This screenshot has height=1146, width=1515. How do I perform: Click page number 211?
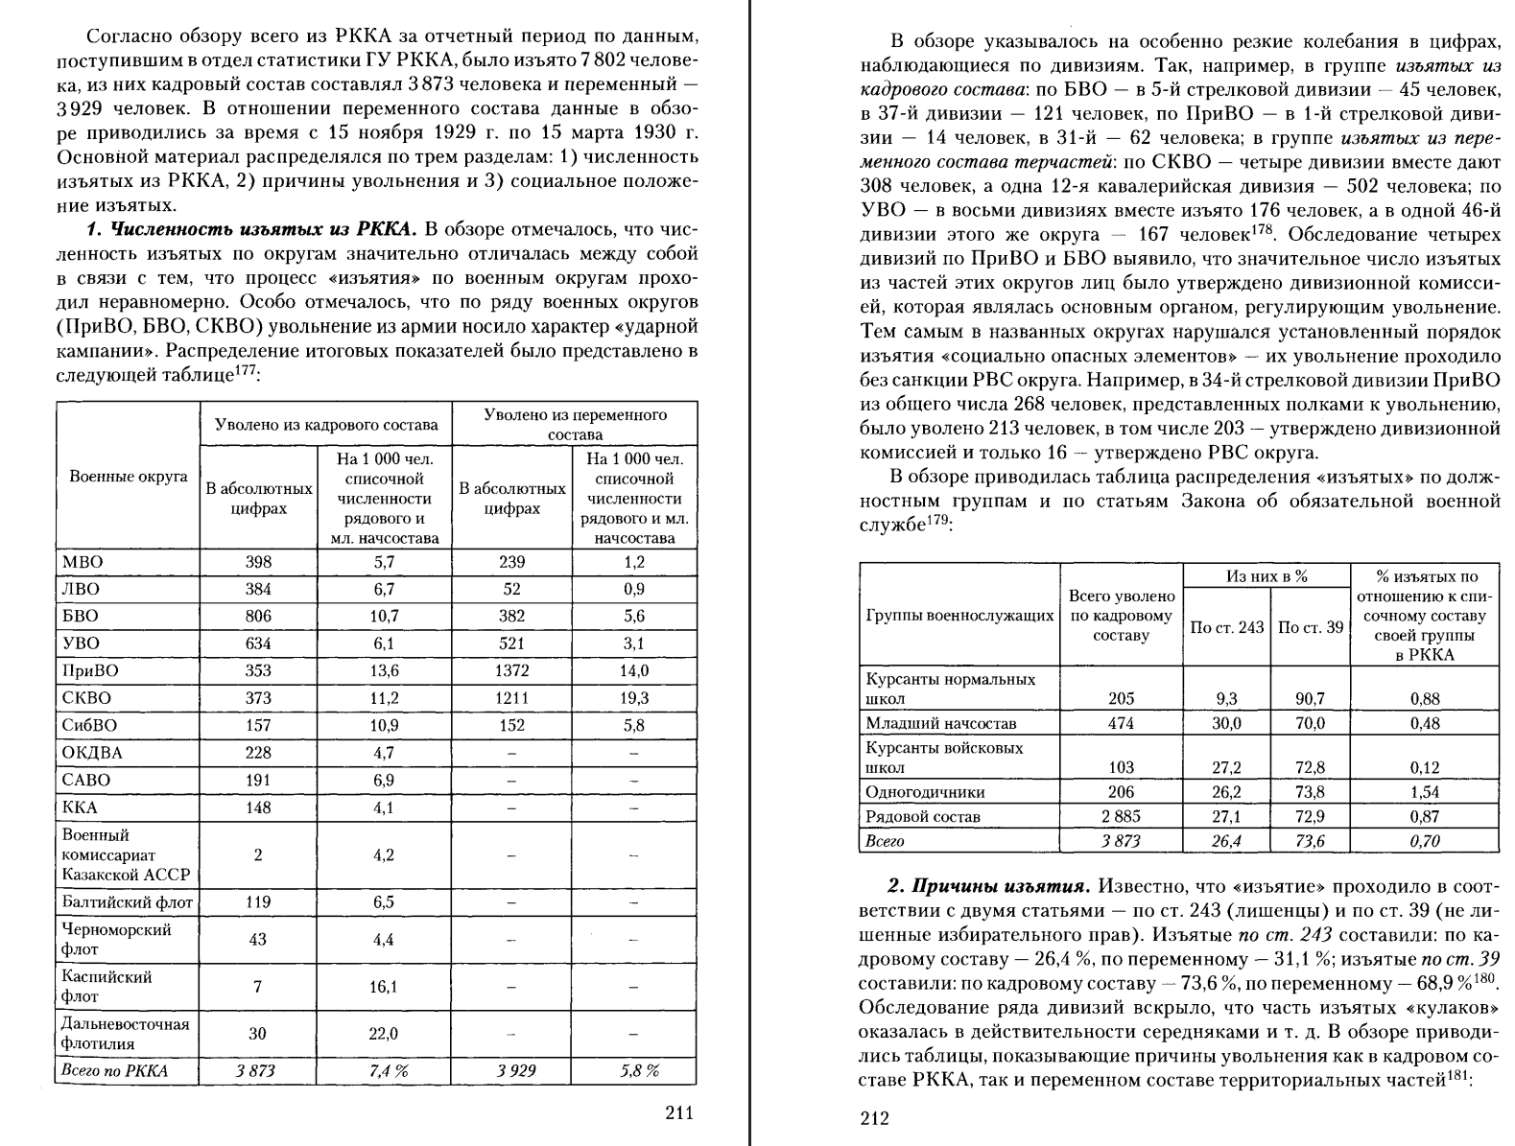tap(678, 1112)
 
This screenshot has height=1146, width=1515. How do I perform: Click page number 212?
tap(874, 1118)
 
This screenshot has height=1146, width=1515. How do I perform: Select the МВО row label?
tap(83, 562)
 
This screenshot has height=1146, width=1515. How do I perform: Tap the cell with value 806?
tap(258, 617)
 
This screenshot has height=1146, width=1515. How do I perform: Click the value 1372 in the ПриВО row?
tap(512, 671)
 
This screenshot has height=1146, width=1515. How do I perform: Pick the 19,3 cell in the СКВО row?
tap(633, 698)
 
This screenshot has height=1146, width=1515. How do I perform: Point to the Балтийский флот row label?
tap(127, 902)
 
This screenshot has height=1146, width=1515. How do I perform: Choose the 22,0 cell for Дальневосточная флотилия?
tap(384, 1034)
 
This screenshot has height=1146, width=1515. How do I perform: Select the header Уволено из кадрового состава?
tap(326, 425)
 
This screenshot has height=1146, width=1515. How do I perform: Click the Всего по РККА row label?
tap(113, 1071)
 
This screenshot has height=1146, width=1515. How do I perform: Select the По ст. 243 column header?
tap(1226, 627)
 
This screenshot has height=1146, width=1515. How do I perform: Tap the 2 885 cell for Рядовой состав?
tap(1121, 817)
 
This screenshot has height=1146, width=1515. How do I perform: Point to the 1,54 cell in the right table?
tap(1425, 792)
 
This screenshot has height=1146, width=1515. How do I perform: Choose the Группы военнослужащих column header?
tap(959, 616)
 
